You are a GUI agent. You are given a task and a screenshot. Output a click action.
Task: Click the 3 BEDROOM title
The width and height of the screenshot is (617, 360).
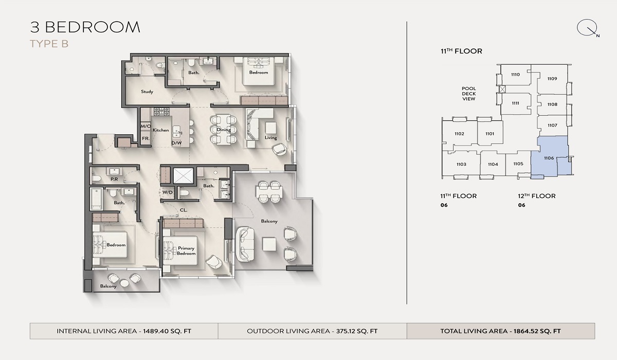[85, 27]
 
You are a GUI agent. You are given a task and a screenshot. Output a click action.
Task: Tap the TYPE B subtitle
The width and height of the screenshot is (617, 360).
[49, 44]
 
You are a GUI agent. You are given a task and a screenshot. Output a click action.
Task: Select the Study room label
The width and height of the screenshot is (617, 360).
[147, 92]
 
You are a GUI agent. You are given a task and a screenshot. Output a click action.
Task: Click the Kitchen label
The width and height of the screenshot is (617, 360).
[160, 130]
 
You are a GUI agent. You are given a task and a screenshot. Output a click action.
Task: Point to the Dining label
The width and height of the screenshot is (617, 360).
[224, 130]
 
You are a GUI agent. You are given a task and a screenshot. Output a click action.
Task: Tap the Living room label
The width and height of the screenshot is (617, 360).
[270, 137]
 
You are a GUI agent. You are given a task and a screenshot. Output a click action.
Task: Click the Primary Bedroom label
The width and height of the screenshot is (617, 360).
[186, 251]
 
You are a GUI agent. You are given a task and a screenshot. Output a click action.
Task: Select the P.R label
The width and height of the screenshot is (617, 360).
[114, 179]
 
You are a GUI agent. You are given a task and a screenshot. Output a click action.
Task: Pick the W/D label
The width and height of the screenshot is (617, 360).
[168, 192]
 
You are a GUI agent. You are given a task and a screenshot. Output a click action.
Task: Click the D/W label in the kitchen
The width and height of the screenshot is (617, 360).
[176, 143]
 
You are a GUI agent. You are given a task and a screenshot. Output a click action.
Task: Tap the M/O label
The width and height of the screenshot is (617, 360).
[145, 127]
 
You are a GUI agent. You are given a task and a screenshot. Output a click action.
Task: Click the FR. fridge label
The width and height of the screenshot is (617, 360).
[145, 139]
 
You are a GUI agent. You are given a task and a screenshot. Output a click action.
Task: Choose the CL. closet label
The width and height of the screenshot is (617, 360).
[183, 209]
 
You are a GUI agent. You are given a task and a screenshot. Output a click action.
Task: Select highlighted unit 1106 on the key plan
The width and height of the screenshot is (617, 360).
[548, 158]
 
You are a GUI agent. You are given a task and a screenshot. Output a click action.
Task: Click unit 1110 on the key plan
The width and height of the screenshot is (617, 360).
[515, 75]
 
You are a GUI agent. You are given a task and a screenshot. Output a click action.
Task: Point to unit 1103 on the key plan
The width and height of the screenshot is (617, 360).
[461, 165]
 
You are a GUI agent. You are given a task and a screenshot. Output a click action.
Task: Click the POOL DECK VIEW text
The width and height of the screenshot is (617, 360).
[468, 94]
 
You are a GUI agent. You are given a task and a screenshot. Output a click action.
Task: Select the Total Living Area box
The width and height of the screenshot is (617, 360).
[500, 331]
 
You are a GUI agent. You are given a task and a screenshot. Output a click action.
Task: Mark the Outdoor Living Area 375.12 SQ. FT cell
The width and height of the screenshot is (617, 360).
[312, 331]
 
